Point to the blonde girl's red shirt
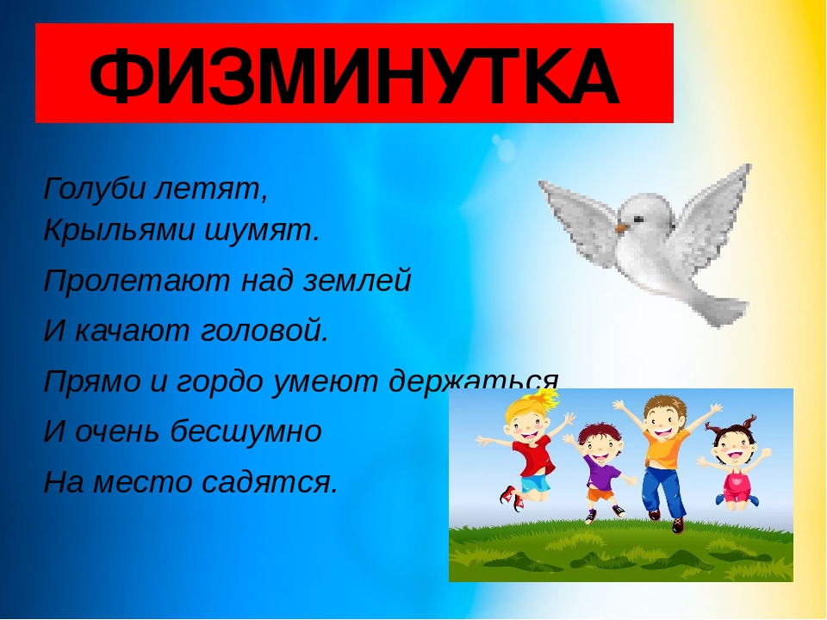pos(532,457)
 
